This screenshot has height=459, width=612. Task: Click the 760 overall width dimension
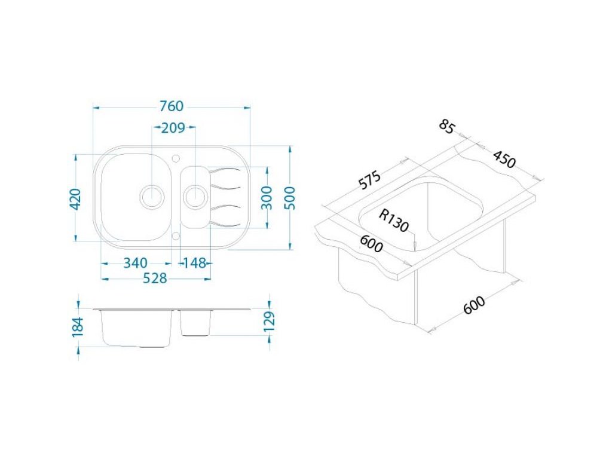pos(172,106)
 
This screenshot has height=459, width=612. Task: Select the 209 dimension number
pos(173,128)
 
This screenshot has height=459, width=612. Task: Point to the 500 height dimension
pos(290,198)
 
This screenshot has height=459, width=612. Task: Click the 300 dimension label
pos(267,198)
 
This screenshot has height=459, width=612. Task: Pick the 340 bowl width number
pos(136,263)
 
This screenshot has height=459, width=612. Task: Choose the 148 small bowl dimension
pos(195,263)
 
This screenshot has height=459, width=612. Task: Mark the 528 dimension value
pos(155,279)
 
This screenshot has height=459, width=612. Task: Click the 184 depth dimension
pos(78,327)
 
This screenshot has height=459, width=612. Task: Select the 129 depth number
pos(270,321)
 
